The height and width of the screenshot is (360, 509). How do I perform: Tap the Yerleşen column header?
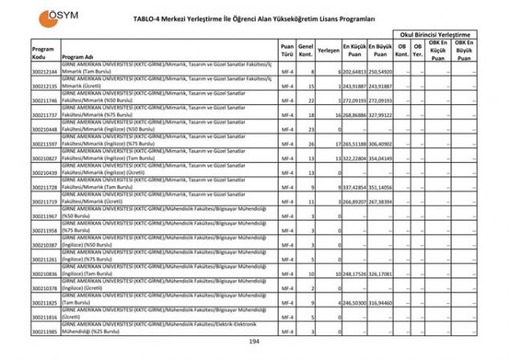328,50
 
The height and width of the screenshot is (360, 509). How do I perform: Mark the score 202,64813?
354,72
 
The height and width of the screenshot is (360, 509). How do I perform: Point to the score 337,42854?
354,188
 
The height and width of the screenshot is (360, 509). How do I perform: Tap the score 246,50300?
354,302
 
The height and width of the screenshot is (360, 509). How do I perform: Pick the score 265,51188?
354,144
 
